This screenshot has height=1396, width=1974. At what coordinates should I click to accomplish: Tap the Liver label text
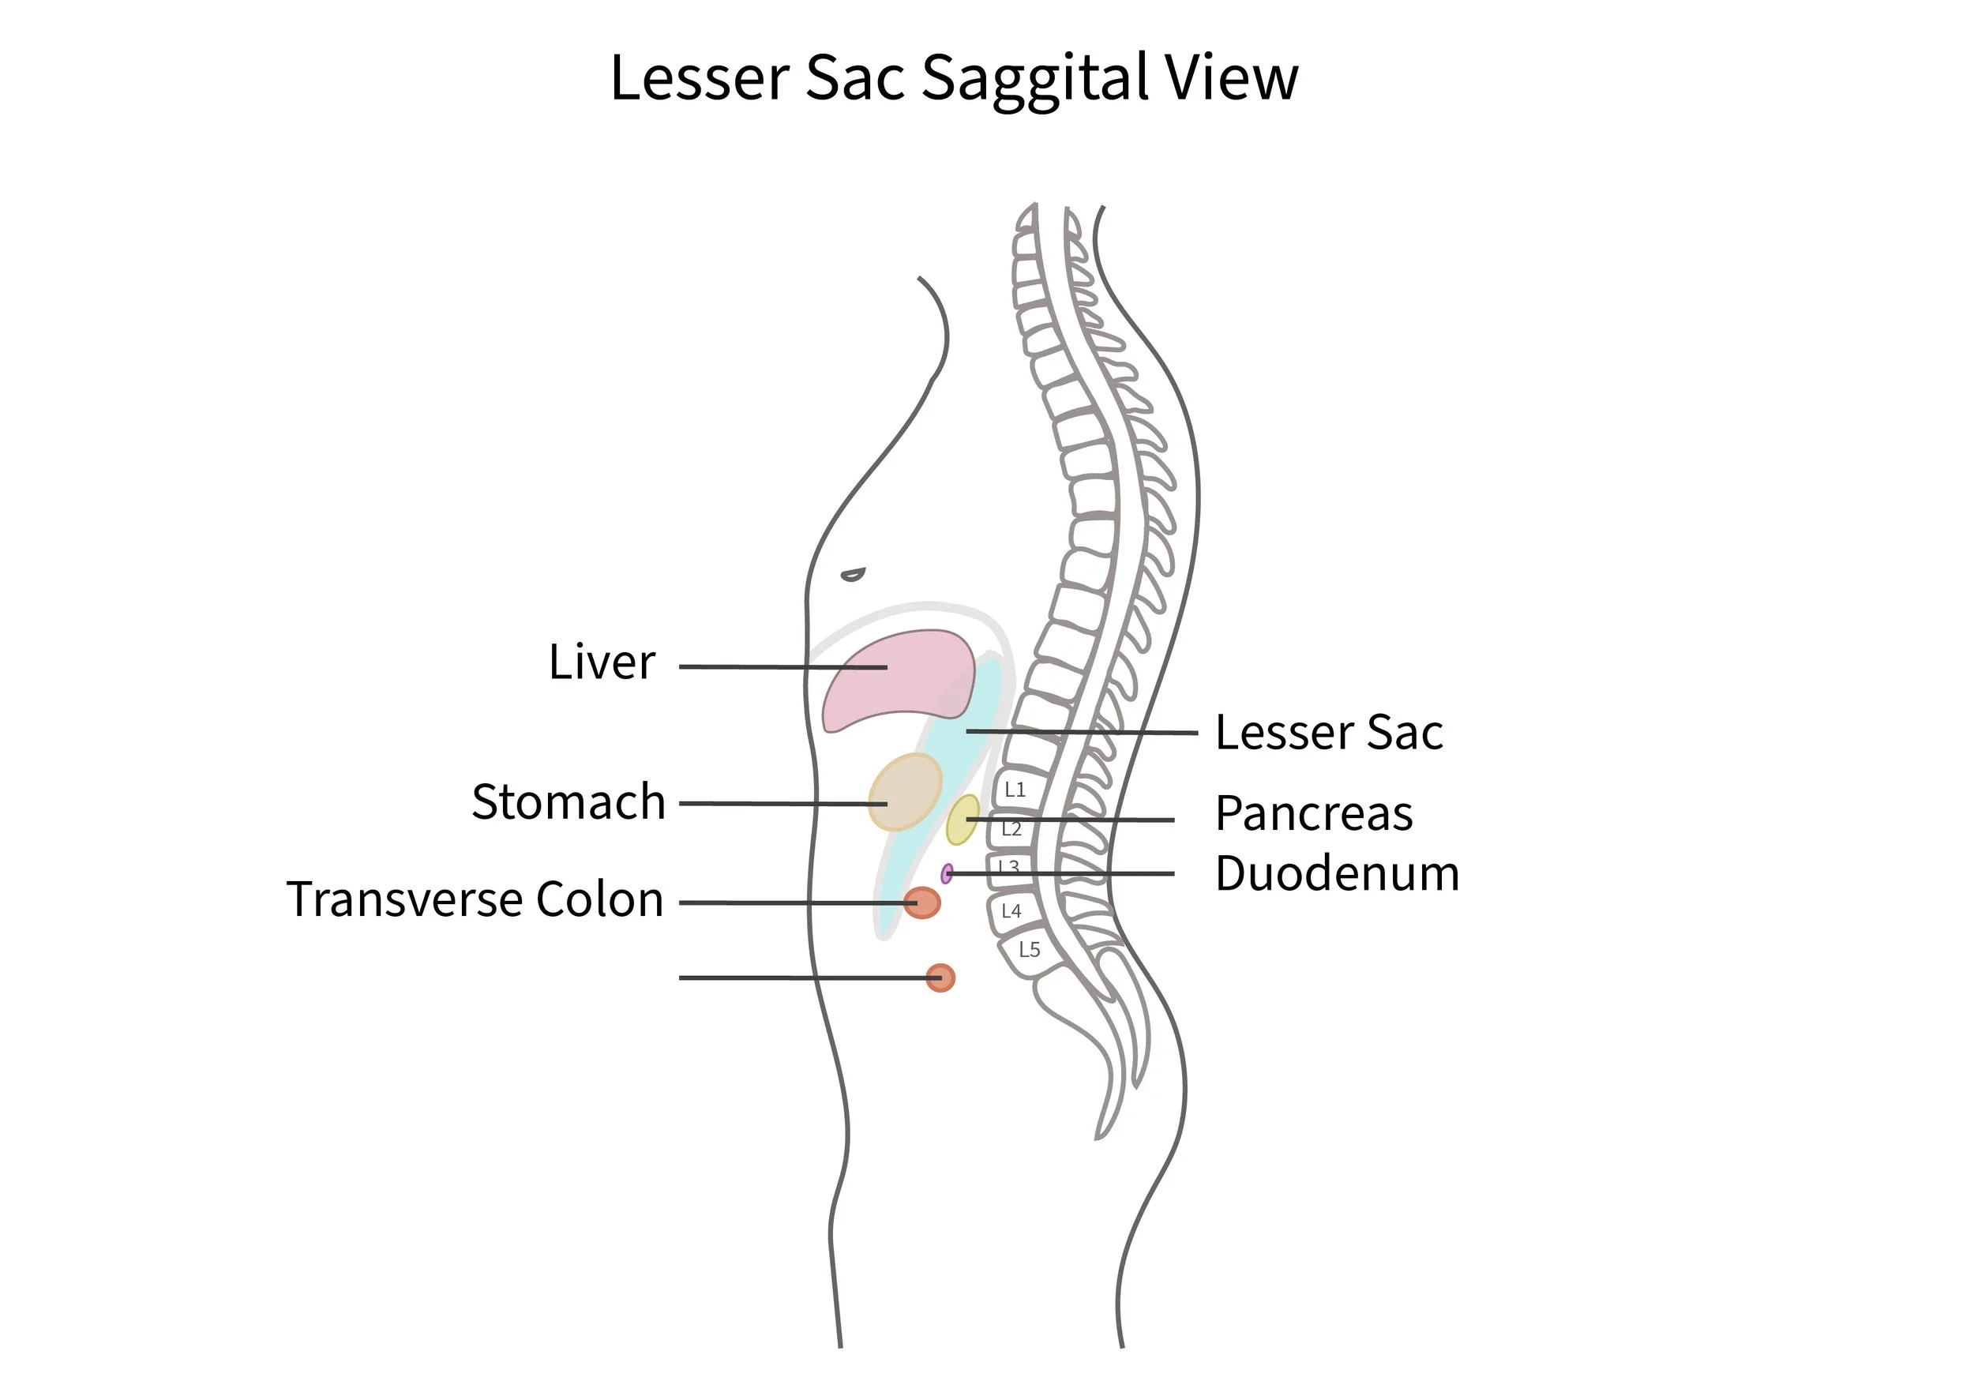pyautogui.click(x=602, y=662)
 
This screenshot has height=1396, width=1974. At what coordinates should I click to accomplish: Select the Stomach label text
pyautogui.click(x=569, y=802)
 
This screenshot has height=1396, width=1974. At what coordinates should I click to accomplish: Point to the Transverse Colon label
pyautogui.click(x=475, y=900)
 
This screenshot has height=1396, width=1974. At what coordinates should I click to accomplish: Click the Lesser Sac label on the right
pyautogui.click(x=1328, y=734)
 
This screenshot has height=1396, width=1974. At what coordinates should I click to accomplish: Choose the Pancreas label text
pyautogui.click(x=1314, y=814)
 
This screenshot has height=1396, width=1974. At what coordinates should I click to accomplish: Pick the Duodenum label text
pyautogui.click(x=1337, y=874)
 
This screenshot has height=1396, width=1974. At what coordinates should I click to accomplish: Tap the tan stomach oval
pyautogui.click(x=904, y=792)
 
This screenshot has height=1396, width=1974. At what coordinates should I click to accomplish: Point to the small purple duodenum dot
pyautogui.click(x=947, y=874)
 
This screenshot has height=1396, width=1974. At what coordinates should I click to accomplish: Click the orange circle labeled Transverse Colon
pyautogui.click(x=921, y=903)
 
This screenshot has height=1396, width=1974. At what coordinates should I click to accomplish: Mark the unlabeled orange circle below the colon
pyautogui.click(x=940, y=978)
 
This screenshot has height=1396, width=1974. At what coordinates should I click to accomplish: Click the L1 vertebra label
pyautogui.click(x=1015, y=790)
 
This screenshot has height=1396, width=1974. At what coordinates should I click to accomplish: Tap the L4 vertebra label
pyautogui.click(x=1011, y=911)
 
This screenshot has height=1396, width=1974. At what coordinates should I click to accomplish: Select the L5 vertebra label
pyautogui.click(x=1029, y=950)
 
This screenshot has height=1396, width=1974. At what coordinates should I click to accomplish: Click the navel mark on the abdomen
pyautogui.click(x=853, y=574)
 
